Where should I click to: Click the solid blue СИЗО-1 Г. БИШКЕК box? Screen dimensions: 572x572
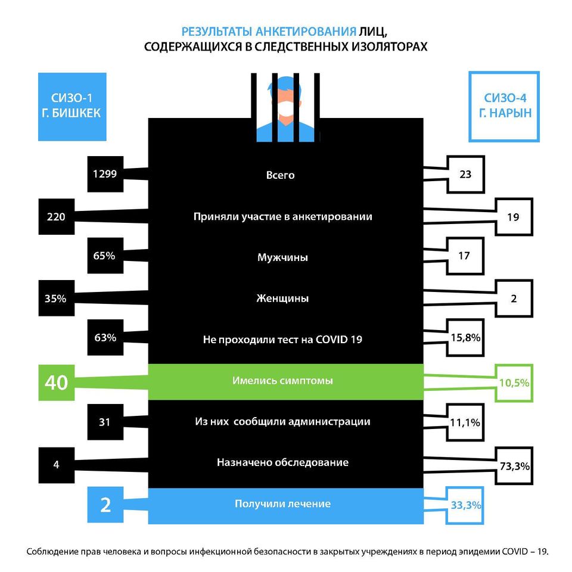pyautogui.click(x=72, y=107)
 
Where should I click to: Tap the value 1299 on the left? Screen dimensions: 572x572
pyautogui.click(x=105, y=174)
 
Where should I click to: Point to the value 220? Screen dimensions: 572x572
pyautogui.click(x=56, y=217)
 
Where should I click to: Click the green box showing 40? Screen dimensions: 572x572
pyautogui.click(x=57, y=383)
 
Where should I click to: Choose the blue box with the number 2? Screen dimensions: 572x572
pyautogui.click(x=105, y=505)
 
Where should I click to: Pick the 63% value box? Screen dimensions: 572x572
pyautogui.click(x=105, y=337)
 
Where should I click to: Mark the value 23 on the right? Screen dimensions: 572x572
pyautogui.click(x=465, y=175)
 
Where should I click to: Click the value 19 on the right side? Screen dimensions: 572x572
pyautogui.click(x=513, y=217)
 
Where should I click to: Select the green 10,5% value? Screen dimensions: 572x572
pyautogui.click(x=514, y=383)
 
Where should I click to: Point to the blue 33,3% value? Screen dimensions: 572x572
pyautogui.click(x=466, y=505)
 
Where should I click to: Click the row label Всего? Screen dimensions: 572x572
pyautogui.click(x=280, y=175)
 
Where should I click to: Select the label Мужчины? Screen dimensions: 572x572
pyautogui.click(x=282, y=257)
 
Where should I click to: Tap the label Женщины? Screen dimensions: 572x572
pyautogui.click(x=282, y=299)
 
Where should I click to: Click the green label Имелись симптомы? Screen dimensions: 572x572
pyautogui.click(x=282, y=381)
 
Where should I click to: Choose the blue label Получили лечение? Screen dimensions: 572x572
pyautogui.click(x=282, y=504)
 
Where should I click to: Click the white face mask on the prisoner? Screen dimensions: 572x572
pyautogui.click(x=285, y=108)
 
